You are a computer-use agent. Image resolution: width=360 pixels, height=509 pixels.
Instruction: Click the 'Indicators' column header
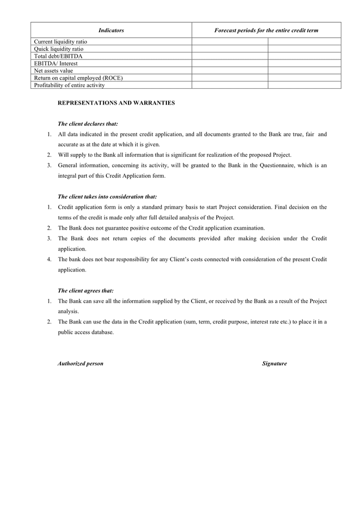[111, 30]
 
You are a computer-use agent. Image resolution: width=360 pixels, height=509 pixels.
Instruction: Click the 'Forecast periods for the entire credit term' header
[266, 30]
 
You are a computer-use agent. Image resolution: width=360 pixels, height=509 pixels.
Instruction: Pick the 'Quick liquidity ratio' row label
[58, 49]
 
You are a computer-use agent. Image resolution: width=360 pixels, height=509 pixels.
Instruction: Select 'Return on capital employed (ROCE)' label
[78, 78]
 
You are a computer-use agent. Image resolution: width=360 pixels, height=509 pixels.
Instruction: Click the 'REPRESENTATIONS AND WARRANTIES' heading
[116, 103]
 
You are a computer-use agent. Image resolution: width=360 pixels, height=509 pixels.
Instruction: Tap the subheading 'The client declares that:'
[88, 123]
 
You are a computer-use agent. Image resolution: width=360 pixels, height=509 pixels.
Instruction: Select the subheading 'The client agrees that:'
[85, 291]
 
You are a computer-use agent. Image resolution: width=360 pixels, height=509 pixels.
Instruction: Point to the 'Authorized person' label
[80, 364]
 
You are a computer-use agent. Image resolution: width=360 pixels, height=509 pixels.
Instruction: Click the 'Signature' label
[274, 364]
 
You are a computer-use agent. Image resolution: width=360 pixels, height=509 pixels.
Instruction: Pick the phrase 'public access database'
[85, 332]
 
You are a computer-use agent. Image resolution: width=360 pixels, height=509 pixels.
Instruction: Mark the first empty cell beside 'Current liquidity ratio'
[229, 42]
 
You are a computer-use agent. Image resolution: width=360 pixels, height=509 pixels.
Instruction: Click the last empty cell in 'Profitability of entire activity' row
[304, 85]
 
